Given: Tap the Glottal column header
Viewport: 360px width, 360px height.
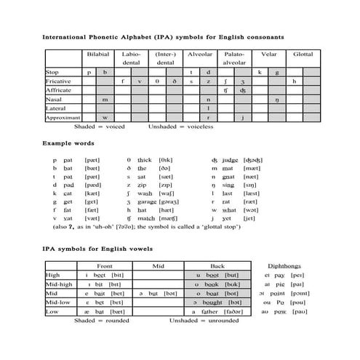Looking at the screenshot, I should pos(303,55).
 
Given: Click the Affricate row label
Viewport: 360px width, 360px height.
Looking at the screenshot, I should pos(59,90).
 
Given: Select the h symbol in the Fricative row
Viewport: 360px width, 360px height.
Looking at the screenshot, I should pos(294,81).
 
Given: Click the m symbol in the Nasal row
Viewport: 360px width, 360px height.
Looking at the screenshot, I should pos(105,99).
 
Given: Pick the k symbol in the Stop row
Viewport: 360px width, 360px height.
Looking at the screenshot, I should pos(260,73).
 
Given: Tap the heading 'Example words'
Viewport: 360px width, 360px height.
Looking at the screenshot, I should pos(66,143).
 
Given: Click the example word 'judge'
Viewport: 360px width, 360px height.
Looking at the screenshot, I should pos(231,159).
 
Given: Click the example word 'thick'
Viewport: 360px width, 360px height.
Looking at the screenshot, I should pos(144,159).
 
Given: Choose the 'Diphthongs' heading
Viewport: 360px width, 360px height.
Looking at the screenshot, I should pos(282,266).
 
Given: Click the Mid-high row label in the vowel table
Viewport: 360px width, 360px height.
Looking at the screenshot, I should pos(57,284).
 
